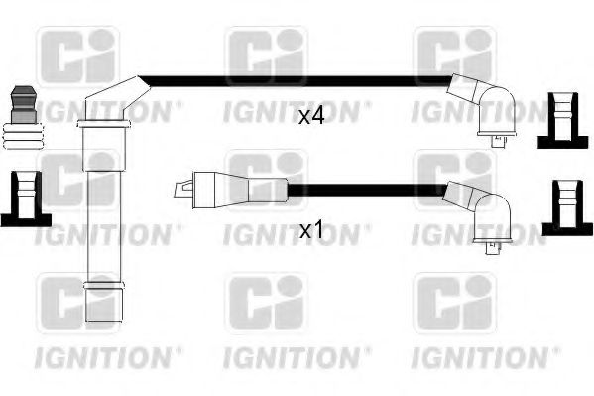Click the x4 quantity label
311,116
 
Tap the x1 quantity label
311,230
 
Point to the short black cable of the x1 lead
367,190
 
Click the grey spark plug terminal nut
24,104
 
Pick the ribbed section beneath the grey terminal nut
23,136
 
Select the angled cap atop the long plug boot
116,98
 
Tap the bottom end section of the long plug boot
104,305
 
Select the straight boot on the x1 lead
240,190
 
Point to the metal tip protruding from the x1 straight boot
183,190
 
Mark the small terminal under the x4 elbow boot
498,141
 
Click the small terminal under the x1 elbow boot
494,248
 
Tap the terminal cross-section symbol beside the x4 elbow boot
563,120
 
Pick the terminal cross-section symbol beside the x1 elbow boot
567,208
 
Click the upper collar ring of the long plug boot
104,124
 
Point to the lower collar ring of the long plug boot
104,285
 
